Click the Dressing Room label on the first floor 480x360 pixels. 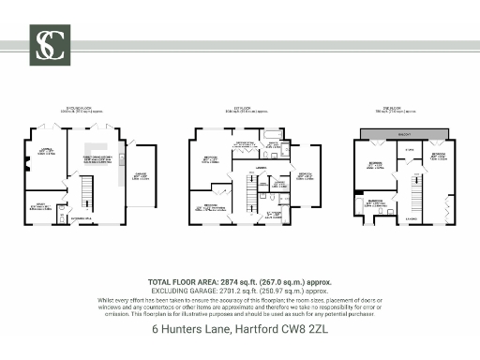point(246,142)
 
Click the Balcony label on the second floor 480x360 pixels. point(404,135)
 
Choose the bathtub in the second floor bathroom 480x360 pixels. point(359,203)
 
